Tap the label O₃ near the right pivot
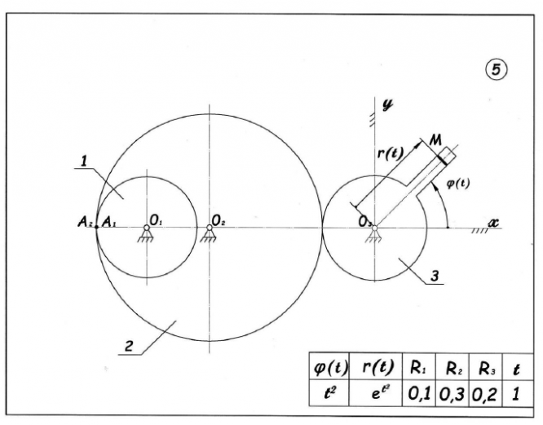pyautogui.click(x=365, y=219)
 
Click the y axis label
pyautogui.click(x=388, y=104)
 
